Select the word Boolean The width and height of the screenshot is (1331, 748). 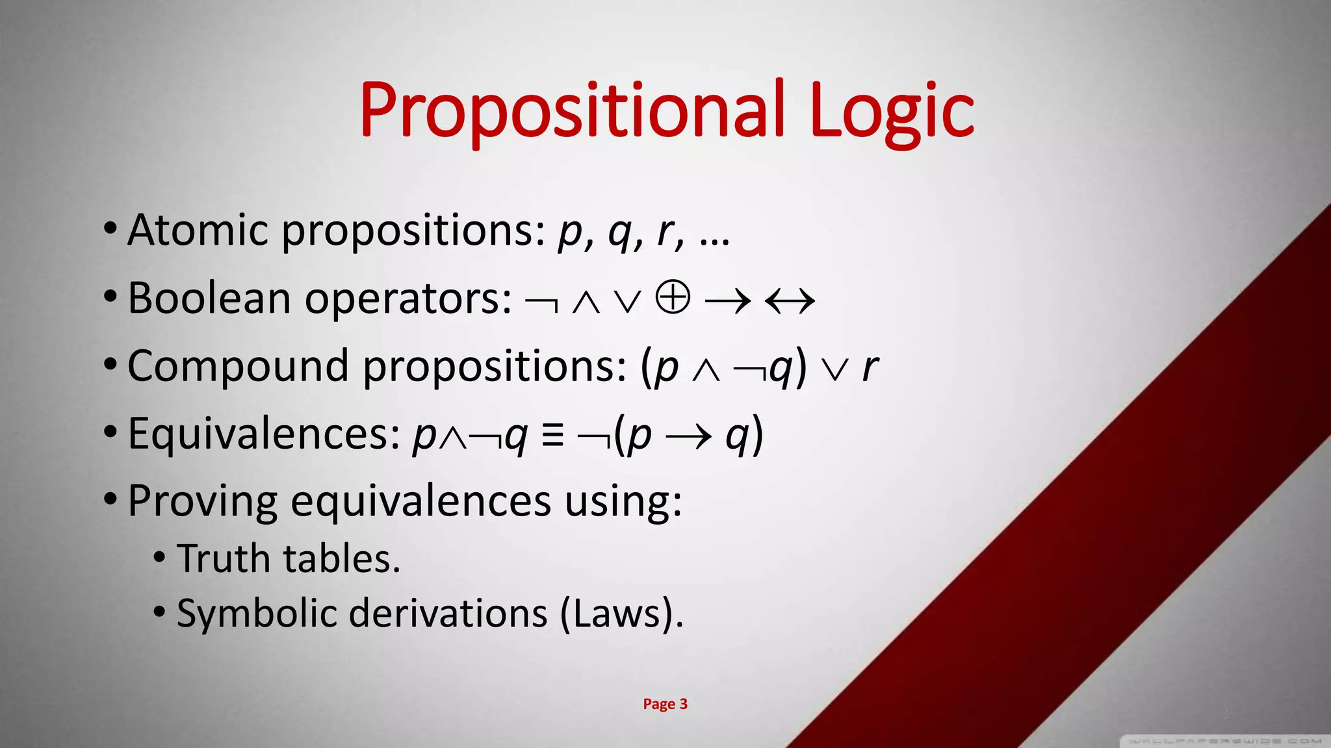pos(209,299)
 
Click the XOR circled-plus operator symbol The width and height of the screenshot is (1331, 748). pos(672,299)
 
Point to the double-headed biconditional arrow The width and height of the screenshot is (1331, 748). pos(790,301)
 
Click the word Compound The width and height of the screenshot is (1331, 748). pos(238,366)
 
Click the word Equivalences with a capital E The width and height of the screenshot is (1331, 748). pos(263,434)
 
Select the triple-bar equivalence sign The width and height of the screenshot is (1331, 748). pos(552,436)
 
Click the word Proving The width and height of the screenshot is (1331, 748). pos(202,501)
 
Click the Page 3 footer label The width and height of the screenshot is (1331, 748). pos(665,704)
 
